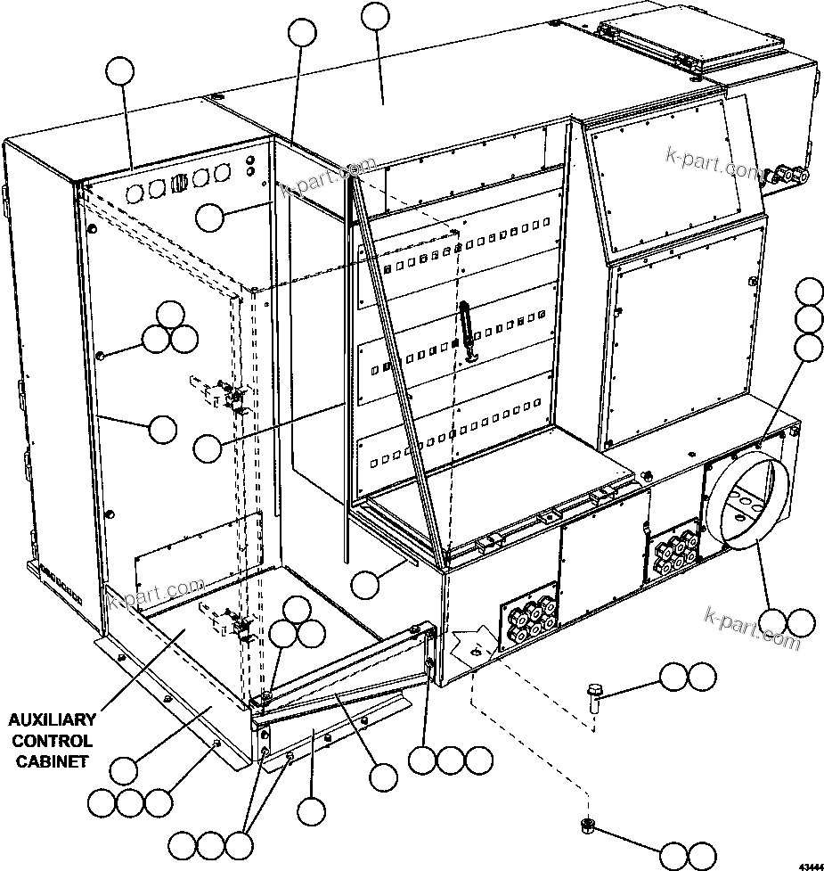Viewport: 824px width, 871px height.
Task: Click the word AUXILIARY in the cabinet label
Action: tap(53, 719)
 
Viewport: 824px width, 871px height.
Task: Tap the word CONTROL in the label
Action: tap(53, 740)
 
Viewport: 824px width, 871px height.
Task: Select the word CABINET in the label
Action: tap(53, 760)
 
